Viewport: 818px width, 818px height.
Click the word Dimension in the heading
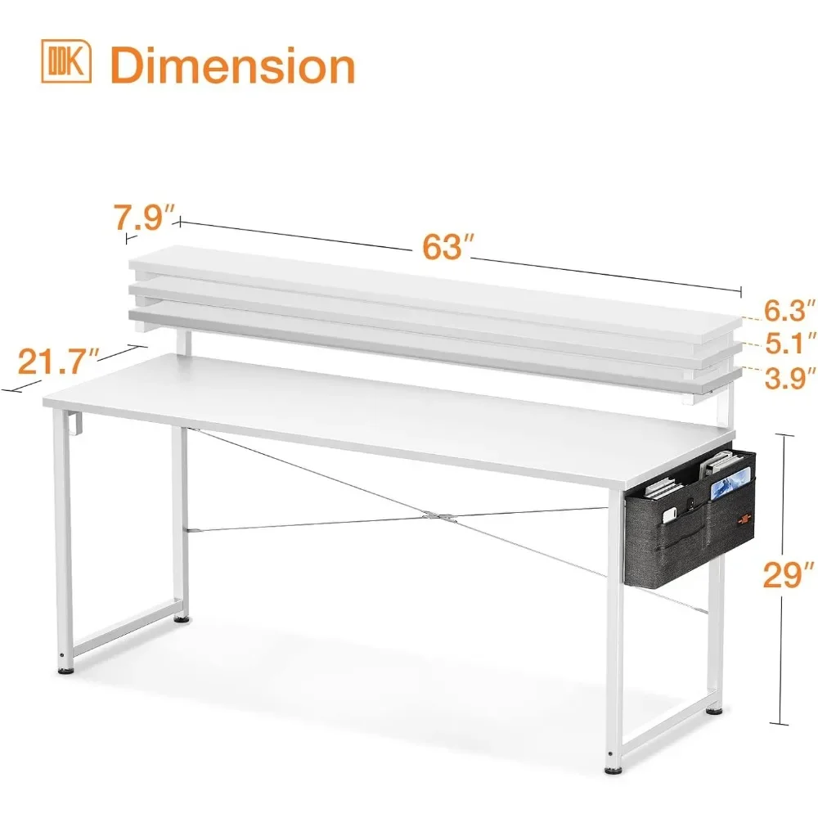(233, 65)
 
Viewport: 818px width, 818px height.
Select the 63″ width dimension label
(443, 245)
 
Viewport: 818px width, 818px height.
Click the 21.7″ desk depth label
(59, 361)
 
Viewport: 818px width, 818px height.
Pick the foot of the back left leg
(181, 620)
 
